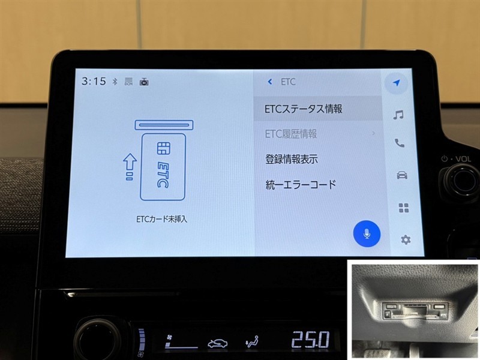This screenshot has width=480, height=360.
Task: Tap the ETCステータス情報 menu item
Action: pos(304,109)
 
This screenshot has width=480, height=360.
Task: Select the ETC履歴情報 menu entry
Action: pos(291,134)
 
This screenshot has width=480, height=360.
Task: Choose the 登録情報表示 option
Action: pos(292,159)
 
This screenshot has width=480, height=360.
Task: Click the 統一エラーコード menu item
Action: pos(301,185)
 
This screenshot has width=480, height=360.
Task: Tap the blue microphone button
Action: pos(367,233)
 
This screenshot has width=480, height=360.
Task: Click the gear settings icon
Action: pos(406,239)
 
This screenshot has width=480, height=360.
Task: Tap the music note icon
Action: pos(398,115)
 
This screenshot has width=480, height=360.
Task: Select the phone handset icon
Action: pos(400,143)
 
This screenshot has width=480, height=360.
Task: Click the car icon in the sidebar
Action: pos(402,175)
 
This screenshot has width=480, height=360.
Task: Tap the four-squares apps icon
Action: pos(404,208)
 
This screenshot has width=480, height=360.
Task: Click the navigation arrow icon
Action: pos(397,83)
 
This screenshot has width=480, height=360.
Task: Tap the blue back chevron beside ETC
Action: pos(269,82)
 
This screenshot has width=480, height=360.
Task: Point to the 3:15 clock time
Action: pos(94,81)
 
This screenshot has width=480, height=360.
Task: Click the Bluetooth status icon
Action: pos(115,82)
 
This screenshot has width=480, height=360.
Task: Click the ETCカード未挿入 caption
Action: pos(161,219)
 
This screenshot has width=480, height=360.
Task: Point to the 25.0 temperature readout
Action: pos(310,340)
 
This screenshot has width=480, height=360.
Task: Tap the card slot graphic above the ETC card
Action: pos(164,125)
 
